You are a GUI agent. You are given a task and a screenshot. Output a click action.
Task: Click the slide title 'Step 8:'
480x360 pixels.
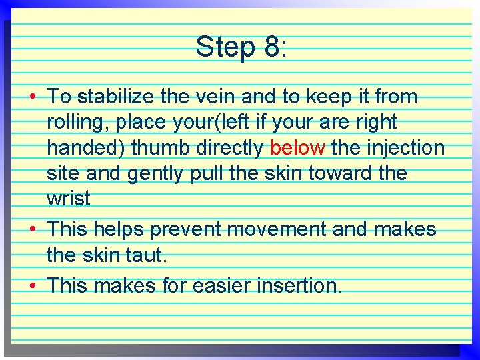pyautogui.click(x=241, y=47)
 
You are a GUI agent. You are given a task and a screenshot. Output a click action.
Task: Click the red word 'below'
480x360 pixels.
pyautogui.click(x=298, y=147)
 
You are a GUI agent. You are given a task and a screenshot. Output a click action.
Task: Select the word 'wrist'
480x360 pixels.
pyautogui.click(x=69, y=199)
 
